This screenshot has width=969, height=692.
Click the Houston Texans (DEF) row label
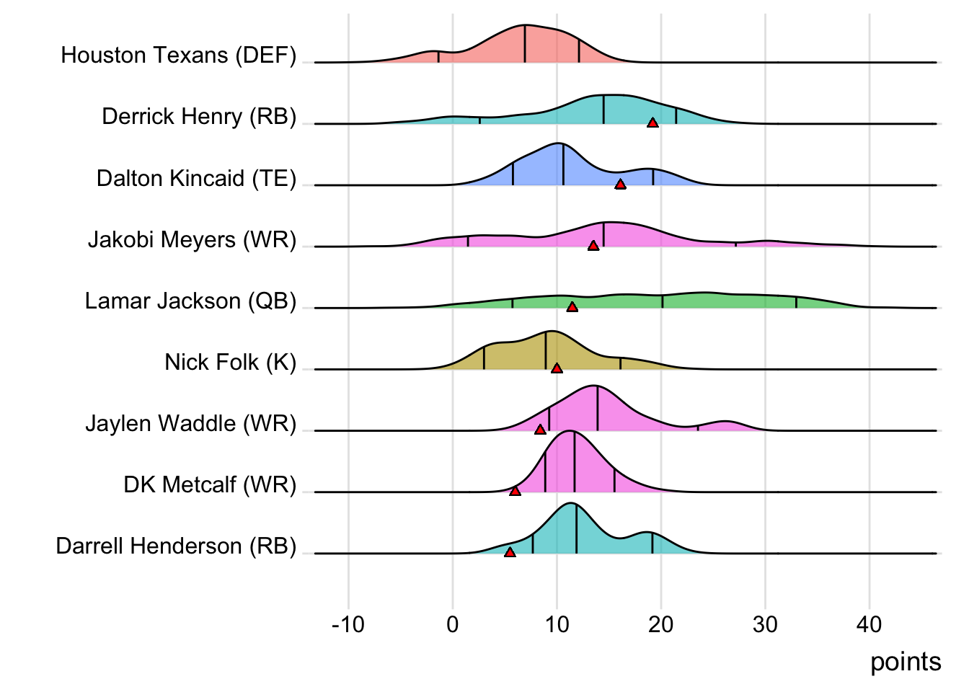(178, 56)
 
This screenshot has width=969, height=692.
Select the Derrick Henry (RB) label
(199, 117)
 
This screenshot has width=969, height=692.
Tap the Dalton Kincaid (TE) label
(196, 178)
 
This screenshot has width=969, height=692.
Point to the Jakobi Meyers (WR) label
(192, 239)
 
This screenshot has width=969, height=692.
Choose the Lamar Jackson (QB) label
(190, 301)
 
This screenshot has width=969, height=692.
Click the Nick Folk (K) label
(230, 362)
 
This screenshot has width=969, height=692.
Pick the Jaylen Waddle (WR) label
(190, 423)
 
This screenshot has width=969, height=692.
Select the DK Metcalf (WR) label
(210, 484)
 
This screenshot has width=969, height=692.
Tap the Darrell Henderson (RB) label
(176, 546)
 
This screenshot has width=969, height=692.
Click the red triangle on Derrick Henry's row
(652, 123)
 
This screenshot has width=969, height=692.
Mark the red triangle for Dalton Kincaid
(620, 185)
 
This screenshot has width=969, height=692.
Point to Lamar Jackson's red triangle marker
(572, 307)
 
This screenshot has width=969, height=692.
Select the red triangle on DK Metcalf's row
(515, 491)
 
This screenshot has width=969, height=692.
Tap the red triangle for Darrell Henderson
(510, 552)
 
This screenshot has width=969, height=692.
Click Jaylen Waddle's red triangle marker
(540, 430)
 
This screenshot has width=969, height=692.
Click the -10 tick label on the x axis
(348, 624)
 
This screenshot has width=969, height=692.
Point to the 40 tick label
(869, 624)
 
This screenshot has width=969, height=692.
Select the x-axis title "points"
(906, 662)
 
